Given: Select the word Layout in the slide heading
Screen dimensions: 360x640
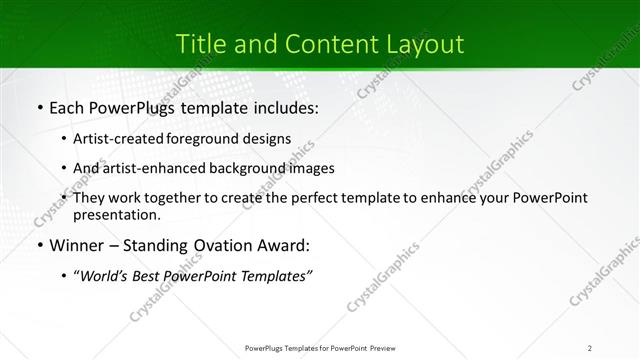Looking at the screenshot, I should click(426, 45).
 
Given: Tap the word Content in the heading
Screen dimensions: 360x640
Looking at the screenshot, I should click(320, 45).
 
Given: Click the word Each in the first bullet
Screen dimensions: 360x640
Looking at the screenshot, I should click(68, 107).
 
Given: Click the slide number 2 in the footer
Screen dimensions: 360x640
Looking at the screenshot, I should click(590, 347).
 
